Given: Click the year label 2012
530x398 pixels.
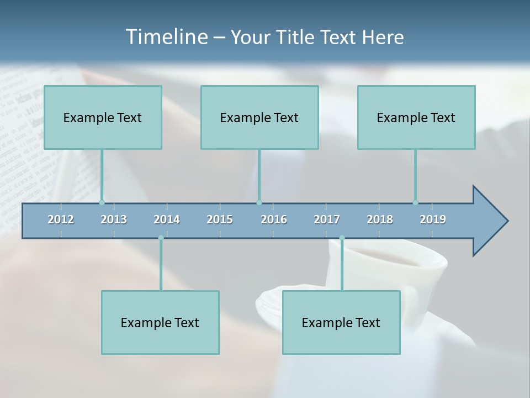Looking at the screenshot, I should click(61, 219).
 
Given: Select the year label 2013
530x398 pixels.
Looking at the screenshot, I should click(114, 219).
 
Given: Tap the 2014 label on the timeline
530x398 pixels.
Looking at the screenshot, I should click(167, 219).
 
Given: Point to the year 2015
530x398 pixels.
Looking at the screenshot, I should click(220, 219).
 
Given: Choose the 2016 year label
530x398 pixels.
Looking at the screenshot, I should click(274, 219).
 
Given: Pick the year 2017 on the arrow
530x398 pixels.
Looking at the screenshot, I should click(327, 219).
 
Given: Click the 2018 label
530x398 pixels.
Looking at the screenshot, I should click(380, 219).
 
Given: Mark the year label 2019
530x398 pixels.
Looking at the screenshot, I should click(433, 219).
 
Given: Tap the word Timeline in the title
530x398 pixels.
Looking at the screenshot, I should click(166, 37).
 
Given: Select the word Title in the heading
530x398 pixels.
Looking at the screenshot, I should click(296, 37).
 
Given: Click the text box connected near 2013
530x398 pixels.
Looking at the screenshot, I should click(103, 117).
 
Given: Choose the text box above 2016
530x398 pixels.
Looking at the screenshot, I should click(259, 117).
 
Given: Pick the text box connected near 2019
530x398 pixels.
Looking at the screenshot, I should click(416, 117).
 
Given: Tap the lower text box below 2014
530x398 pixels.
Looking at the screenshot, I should click(160, 322).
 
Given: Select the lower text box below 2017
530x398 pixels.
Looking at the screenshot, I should click(341, 322).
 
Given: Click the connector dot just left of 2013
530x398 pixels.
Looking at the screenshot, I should click(102, 202).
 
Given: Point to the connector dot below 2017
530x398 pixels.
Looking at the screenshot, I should click(342, 238).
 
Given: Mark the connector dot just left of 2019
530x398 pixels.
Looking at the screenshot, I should click(415, 202).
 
